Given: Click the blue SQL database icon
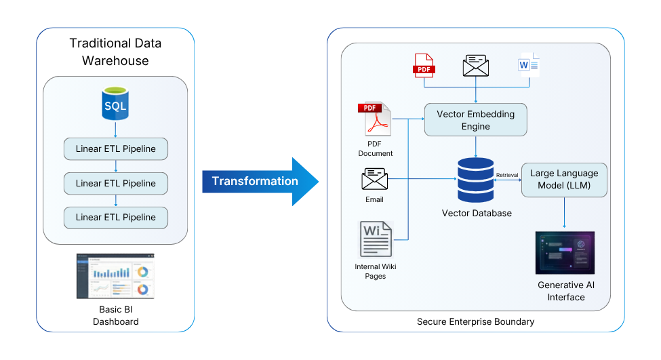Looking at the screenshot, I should (x=115, y=103).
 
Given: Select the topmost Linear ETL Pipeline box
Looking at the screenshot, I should (x=115, y=149).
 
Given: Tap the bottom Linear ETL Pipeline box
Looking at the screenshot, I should (x=115, y=217).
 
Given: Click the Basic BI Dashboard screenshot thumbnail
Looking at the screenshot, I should (x=115, y=276).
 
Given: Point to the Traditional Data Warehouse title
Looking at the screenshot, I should (x=115, y=52).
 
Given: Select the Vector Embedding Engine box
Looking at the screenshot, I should (x=475, y=120).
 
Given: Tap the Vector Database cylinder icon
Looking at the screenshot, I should (x=476, y=180).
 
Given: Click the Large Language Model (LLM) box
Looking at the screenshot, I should (x=564, y=180).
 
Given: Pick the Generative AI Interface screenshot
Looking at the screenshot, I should (x=565, y=253).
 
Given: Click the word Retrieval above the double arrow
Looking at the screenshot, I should (x=507, y=175).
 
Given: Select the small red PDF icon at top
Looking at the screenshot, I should (x=424, y=65).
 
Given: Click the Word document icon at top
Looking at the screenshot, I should (x=527, y=65).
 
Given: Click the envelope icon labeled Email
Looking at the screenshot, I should (x=374, y=180).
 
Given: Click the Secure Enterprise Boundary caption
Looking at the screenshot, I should (x=475, y=321).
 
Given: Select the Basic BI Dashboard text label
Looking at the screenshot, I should (x=115, y=315).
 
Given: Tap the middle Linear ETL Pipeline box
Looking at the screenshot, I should (x=115, y=183).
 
